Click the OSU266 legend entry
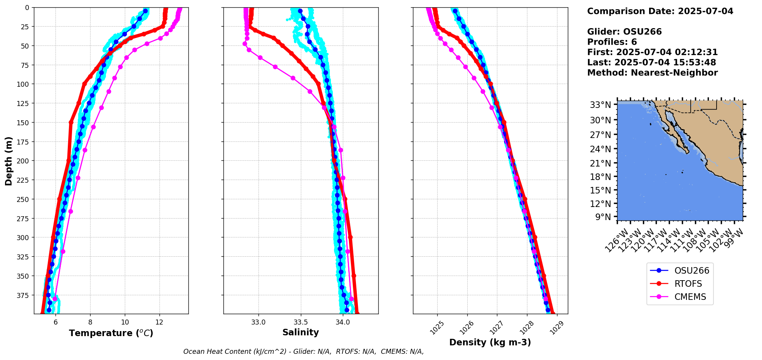[x=692, y=271]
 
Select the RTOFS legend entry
[x=688, y=284]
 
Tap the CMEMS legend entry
[x=690, y=297]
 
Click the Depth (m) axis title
[x=8, y=161]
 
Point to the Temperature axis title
[x=111, y=333]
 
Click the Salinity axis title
[x=300, y=332]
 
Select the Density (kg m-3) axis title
[x=490, y=342]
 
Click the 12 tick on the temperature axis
[x=159, y=322]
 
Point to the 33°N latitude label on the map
[x=600, y=105]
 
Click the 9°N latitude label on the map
[x=603, y=217]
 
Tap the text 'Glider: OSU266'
[x=624, y=32]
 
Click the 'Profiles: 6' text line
[x=612, y=42]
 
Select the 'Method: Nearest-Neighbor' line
[x=652, y=73]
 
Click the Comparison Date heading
[x=660, y=11]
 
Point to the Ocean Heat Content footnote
[x=303, y=352]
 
